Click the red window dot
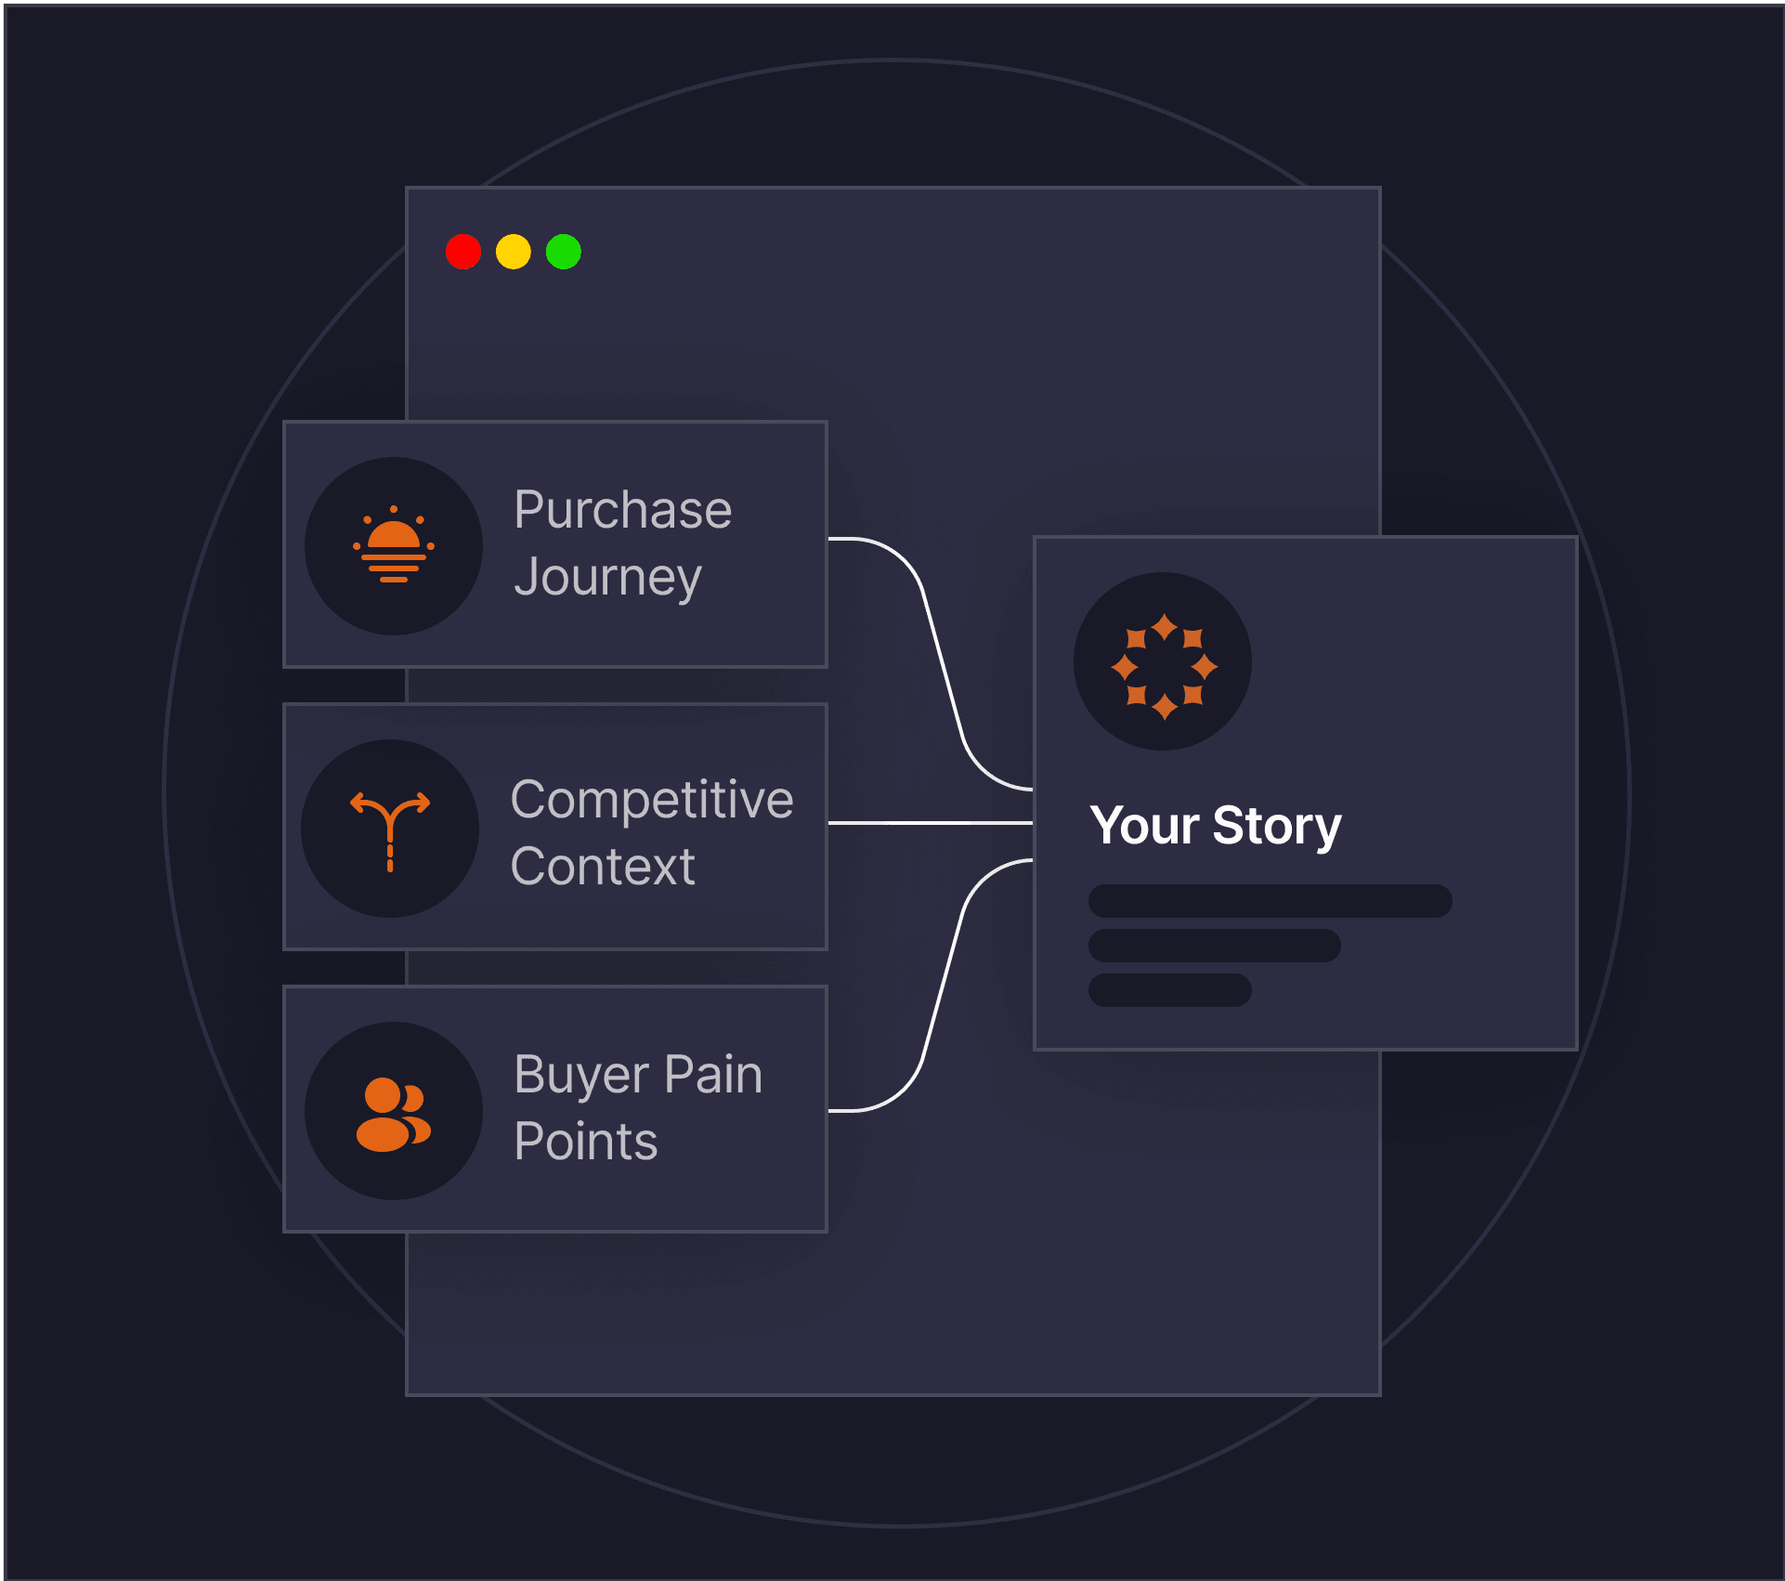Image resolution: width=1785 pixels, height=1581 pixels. pyautogui.click(x=463, y=252)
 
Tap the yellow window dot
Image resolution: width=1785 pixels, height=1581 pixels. pyautogui.click(x=514, y=252)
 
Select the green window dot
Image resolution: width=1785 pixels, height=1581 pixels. pyautogui.click(x=564, y=252)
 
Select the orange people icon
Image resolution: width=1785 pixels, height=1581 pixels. pyautogui.click(x=394, y=1115)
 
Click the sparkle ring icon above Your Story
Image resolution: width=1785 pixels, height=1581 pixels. pyautogui.click(x=1164, y=667)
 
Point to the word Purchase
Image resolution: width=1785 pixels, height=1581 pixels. pyautogui.click(x=623, y=510)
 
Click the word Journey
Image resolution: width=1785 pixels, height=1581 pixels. pyautogui.click(x=608, y=578)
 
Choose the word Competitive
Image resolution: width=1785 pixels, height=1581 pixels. pyautogui.click(x=652, y=800)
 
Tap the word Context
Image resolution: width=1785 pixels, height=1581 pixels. pyautogui.click(x=603, y=867)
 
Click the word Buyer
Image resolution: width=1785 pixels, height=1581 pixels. pyautogui.click(x=581, y=1076)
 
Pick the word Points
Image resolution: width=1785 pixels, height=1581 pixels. pyautogui.click(x=586, y=1142)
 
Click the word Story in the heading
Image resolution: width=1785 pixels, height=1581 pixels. pyautogui.click(x=1277, y=827)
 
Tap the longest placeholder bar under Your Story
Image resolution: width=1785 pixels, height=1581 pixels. pyautogui.click(x=1270, y=901)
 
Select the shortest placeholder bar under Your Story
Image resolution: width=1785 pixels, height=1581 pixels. pyautogui.click(x=1170, y=990)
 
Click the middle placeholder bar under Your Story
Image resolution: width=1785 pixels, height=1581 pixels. pyautogui.click(x=1215, y=946)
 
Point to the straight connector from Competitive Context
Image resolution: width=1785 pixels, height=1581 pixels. pyautogui.click(x=931, y=823)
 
